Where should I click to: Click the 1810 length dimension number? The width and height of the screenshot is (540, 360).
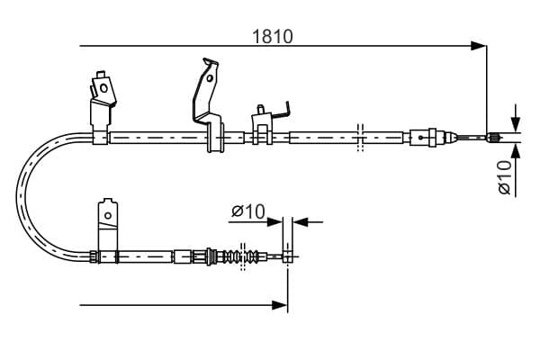coord(273,37)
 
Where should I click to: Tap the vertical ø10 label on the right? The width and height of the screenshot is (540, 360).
coord(505,177)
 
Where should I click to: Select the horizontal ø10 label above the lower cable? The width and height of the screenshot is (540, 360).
coord(248,211)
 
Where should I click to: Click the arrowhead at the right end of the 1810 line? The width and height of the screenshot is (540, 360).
coord(479,46)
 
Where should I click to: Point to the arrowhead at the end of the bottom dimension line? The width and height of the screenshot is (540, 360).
coord(279,305)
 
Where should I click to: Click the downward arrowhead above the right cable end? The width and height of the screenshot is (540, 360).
coord(516,123)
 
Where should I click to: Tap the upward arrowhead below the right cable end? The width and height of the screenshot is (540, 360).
coord(516,151)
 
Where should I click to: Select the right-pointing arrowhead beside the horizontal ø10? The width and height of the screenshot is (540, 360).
coord(274,222)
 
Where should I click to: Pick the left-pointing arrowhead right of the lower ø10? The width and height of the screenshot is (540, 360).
coord(301,222)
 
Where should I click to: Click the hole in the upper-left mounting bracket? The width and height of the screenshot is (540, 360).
coord(103,88)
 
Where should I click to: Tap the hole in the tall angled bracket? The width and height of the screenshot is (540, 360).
coord(210,78)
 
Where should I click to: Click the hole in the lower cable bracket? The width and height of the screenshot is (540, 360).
coord(108,216)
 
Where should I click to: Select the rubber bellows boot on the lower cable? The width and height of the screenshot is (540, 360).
coord(240,256)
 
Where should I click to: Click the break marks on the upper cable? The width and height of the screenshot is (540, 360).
coord(360,137)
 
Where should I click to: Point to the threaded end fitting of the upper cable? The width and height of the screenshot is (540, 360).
coord(492,138)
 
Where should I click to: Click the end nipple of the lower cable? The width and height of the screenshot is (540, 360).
coord(287,256)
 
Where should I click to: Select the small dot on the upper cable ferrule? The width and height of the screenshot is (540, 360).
coord(421,138)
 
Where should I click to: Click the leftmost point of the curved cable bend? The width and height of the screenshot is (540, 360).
coord(16,196)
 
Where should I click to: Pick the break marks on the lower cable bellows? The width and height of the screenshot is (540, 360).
coord(243,256)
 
